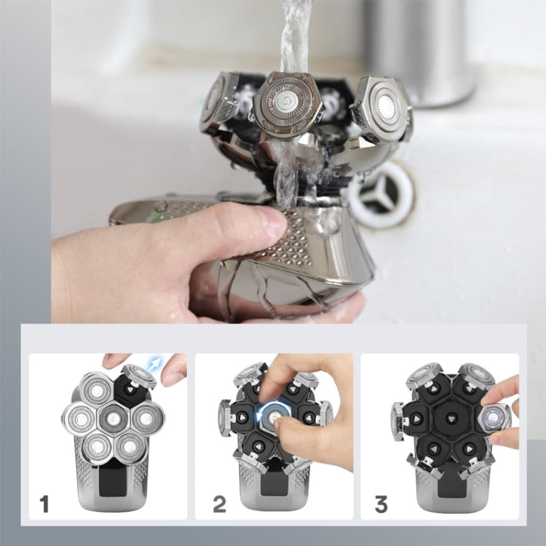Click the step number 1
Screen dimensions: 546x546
pyautogui.click(x=44, y=502)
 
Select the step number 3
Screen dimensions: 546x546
pyautogui.click(x=381, y=502)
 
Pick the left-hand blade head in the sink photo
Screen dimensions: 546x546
pyautogui.click(x=213, y=102)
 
